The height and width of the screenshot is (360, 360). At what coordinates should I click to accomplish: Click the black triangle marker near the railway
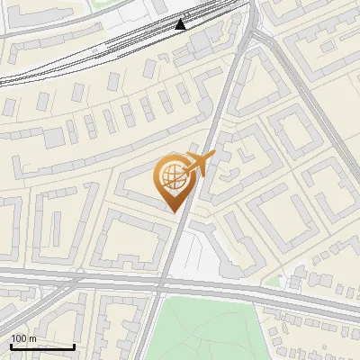181,23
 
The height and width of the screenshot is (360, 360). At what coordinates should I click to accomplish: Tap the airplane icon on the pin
200,163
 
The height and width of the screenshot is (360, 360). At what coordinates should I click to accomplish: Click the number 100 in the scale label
20,338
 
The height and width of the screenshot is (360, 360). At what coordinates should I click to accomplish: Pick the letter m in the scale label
32,338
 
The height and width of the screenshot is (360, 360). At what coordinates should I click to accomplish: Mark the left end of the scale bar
10,346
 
